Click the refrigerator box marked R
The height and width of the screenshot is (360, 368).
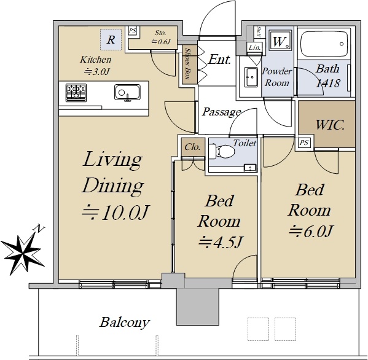point(111,39)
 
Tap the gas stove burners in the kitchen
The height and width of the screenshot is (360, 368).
point(76,93)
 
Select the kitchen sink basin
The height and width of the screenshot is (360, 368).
point(127,92)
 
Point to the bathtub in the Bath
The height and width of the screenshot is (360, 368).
point(324,44)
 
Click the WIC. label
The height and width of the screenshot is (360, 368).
point(330,125)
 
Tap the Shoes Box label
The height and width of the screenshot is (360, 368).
point(188,64)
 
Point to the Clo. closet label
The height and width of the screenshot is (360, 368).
point(192,147)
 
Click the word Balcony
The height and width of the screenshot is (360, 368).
point(124,323)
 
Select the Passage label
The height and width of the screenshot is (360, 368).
point(222,112)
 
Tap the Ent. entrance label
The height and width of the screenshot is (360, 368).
point(219,59)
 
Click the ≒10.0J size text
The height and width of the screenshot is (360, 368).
point(115,213)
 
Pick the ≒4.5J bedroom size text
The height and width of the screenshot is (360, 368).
point(220,242)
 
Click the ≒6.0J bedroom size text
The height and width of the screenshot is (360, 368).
point(310,231)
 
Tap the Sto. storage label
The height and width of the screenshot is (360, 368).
point(160,33)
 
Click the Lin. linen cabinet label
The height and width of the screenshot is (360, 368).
point(254,48)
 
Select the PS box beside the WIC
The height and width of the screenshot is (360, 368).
point(304,142)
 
